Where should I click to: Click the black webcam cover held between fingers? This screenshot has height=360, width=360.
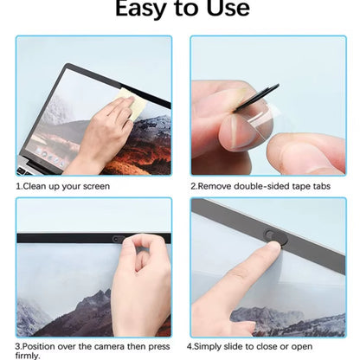coord(260,95)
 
